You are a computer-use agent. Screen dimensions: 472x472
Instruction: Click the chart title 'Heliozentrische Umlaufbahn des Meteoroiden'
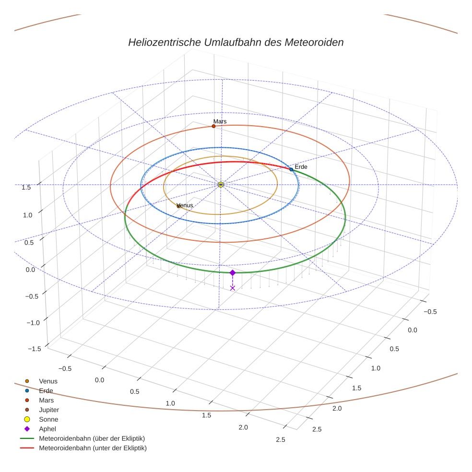coord(236,42)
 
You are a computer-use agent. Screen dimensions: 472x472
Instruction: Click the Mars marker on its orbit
coord(213,126)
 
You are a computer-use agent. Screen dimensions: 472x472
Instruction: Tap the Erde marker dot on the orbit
coord(291,169)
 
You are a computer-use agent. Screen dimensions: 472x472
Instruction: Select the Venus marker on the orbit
coord(178,206)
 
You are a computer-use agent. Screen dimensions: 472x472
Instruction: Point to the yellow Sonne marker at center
coord(221,185)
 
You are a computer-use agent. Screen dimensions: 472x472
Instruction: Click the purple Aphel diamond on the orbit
coord(233,272)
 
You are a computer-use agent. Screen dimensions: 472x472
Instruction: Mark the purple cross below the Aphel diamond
coord(233,288)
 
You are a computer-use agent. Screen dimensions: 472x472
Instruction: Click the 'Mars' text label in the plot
coord(220,121)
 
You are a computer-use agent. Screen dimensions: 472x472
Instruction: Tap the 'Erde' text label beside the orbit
coord(301,166)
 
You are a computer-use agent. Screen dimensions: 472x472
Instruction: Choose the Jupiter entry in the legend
coord(49,410)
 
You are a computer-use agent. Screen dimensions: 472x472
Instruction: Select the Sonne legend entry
coord(48,419)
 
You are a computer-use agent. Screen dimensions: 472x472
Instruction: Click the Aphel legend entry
coord(47,429)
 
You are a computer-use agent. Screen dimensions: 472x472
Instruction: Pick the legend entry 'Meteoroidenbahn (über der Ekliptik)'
coord(92,438)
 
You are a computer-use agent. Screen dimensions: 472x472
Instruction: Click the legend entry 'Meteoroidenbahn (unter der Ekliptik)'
coord(93,448)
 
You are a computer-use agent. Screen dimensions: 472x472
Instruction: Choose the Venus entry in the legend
coord(48,381)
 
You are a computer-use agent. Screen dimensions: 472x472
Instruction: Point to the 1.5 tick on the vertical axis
coord(27,187)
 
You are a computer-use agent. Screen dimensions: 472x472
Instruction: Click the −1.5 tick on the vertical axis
coord(35,349)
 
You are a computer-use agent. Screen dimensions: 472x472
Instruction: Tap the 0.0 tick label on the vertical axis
coord(30,270)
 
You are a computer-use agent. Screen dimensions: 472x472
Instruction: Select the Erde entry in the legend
coord(46,390)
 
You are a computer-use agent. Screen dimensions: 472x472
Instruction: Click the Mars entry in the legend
coord(47,400)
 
